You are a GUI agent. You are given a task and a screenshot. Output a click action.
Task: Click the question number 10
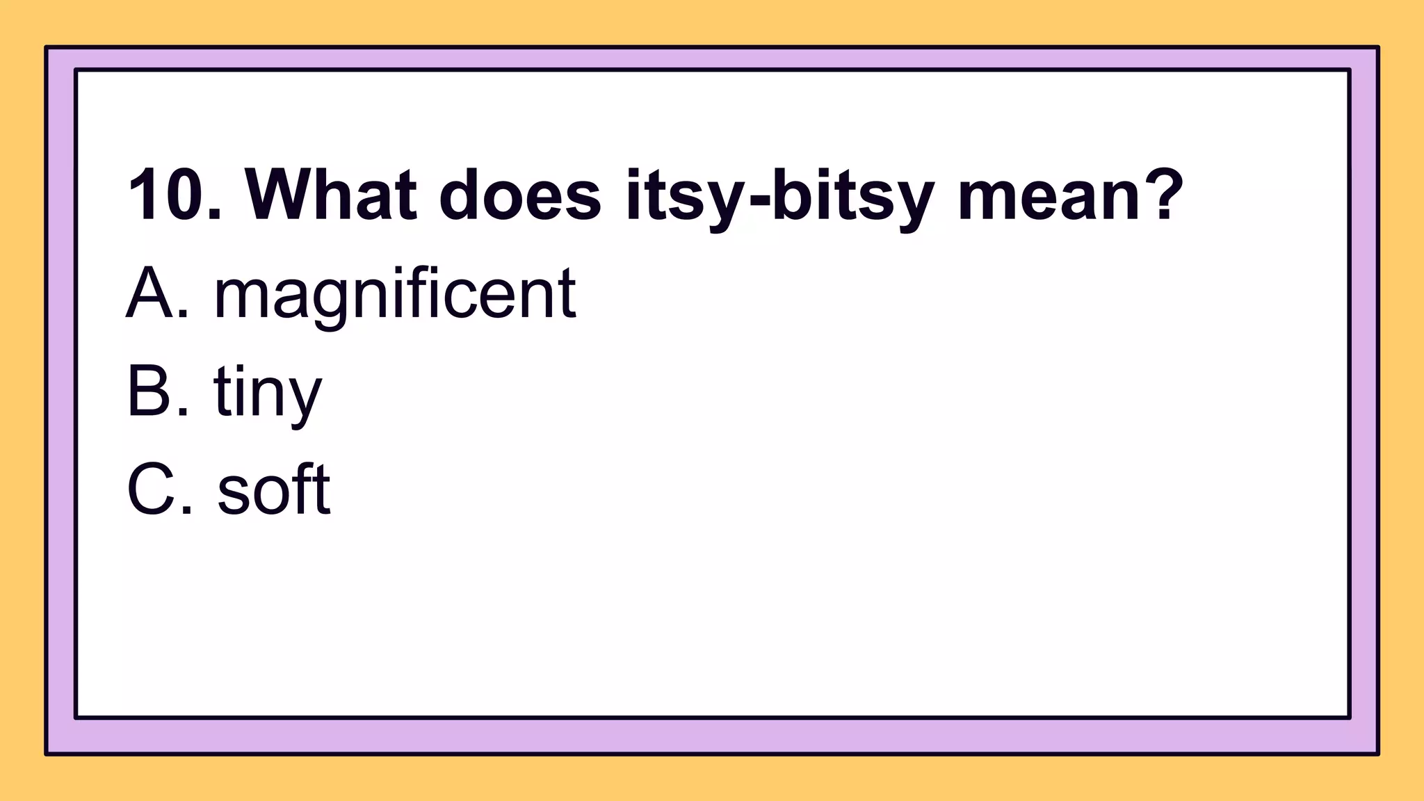[x=167, y=195]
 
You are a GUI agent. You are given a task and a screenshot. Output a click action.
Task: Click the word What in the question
[x=330, y=195]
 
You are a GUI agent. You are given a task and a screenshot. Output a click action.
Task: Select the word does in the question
[x=519, y=195]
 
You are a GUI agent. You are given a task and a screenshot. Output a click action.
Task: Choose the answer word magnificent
[x=394, y=296]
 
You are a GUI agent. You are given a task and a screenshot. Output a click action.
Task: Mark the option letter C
[x=151, y=490]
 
